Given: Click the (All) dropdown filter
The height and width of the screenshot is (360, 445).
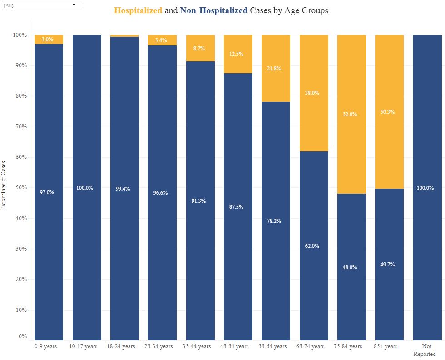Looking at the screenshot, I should point(40,5).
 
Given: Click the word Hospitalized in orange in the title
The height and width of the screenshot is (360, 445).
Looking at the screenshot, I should point(138,10).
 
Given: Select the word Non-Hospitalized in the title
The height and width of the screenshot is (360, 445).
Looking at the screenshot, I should point(213,10).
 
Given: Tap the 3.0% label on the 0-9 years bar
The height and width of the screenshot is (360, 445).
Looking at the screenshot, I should point(48,39).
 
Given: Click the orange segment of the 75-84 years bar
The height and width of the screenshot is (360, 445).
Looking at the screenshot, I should point(351,82).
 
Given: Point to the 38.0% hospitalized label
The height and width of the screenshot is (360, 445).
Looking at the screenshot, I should point(312,93).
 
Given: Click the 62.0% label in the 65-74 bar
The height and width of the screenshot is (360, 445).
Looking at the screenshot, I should point(312,246).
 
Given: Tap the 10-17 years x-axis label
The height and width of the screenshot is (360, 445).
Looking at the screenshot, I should point(83,346).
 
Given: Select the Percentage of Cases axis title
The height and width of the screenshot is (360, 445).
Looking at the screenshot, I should point(4,185).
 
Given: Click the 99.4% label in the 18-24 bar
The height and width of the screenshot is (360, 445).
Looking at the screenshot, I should point(123,189).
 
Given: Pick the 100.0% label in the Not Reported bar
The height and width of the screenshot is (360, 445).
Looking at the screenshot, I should point(425,188).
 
